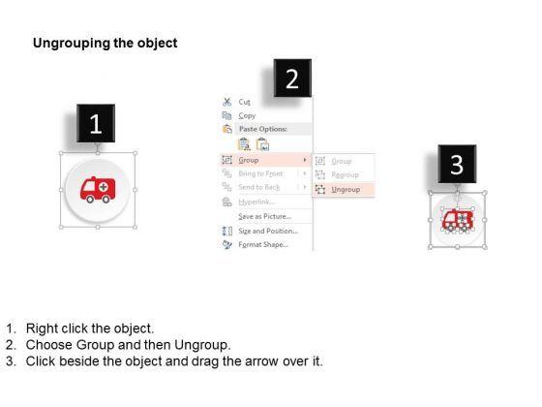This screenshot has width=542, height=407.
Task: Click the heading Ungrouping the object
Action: coord(105,44)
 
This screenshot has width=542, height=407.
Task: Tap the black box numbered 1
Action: coord(94,124)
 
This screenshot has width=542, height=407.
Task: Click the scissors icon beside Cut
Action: coord(226,102)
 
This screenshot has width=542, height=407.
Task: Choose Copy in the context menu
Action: coord(247,115)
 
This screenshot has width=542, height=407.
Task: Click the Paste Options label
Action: coord(260,128)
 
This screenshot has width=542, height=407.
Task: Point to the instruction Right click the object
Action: coord(91,329)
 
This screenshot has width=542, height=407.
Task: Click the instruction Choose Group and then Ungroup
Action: coord(129,345)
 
